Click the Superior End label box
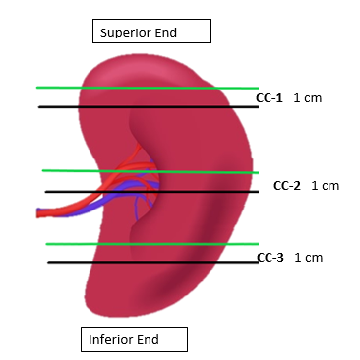(x=151, y=31)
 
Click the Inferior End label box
(x=133, y=340)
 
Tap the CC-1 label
(x=269, y=98)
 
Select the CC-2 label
(x=286, y=185)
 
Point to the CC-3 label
(x=270, y=258)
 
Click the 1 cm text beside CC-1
(x=308, y=98)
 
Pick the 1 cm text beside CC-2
(x=325, y=185)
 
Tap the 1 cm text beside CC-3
(x=308, y=258)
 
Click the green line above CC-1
(x=148, y=87)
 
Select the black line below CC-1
(x=148, y=106)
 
